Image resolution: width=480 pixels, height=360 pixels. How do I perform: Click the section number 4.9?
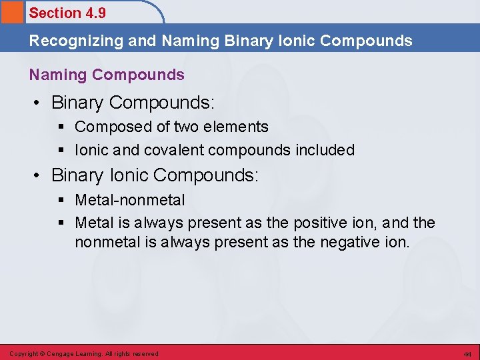pos(94,13)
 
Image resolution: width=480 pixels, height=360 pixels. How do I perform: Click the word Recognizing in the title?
pos(68,41)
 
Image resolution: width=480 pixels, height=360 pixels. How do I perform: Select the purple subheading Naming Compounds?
pos(107,75)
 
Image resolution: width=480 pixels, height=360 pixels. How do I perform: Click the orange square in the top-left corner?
pos(11,12)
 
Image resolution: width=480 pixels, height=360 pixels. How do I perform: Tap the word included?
pos(324,151)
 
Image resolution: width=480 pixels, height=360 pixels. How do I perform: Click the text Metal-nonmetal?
pos(130,200)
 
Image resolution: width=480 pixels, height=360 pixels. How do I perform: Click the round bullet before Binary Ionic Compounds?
pos(39,176)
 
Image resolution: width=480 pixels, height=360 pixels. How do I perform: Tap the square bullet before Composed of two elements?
pos(63,127)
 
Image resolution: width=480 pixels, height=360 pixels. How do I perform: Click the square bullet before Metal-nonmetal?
pos(63,200)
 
